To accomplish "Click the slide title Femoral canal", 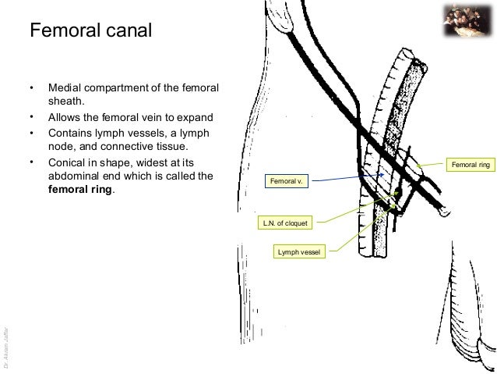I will [x=90, y=32].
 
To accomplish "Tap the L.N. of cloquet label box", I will [x=286, y=224].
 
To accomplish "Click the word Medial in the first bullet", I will [x=64, y=86].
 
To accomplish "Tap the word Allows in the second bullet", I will [x=64, y=118].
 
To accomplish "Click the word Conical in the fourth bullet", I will [x=68, y=162].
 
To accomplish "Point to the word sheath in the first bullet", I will [x=65, y=101].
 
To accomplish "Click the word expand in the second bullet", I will [x=196, y=118].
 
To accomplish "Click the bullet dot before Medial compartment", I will [x=30, y=86].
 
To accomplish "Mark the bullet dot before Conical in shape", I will [x=30, y=162].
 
